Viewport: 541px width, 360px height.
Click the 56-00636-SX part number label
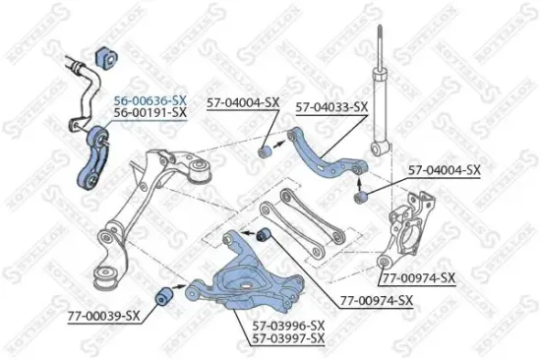(x=150, y=100)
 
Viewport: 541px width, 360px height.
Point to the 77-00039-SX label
(x=104, y=315)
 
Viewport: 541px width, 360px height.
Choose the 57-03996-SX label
(x=289, y=324)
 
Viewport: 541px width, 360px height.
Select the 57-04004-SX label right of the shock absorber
(x=445, y=170)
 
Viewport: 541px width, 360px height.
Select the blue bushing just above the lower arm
(x=263, y=235)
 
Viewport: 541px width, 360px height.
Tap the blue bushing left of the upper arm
(x=265, y=151)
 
